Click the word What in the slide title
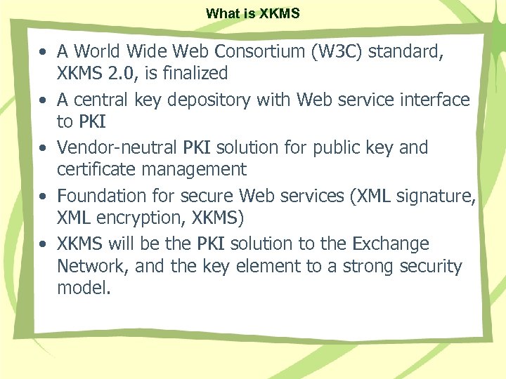tap(221, 13)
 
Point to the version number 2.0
tap(112, 73)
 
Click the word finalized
tap(192, 73)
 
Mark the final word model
tap(83, 288)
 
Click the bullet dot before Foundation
tap(44, 197)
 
